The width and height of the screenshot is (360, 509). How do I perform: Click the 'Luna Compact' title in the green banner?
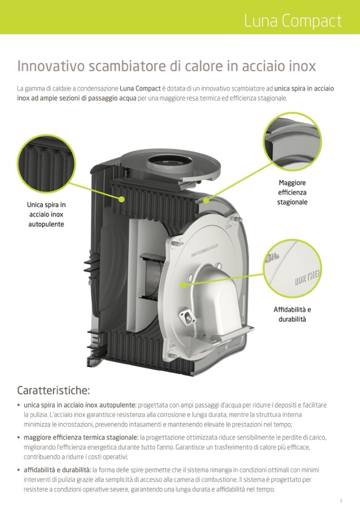pyautogui.click(x=293, y=21)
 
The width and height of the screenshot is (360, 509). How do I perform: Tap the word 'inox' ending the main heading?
pyautogui.click(x=302, y=66)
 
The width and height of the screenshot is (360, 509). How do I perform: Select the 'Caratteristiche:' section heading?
pyautogui.click(x=53, y=390)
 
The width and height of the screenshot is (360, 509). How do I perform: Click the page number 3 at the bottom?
pyautogui.click(x=340, y=501)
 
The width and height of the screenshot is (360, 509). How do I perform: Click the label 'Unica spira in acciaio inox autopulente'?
pyautogui.click(x=46, y=214)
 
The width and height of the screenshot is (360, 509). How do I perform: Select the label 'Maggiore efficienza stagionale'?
pyautogui.click(x=292, y=192)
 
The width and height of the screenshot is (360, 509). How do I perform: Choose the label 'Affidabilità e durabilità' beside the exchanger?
pyautogui.click(x=292, y=314)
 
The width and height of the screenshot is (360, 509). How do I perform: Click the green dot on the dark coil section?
pyautogui.click(x=122, y=199)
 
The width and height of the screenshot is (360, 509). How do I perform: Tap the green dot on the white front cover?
pyautogui.click(x=184, y=286)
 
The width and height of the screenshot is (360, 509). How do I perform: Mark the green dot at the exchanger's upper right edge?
pyautogui.click(x=205, y=201)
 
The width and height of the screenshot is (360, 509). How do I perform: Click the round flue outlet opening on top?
pyautogui.click(x=167, y=160)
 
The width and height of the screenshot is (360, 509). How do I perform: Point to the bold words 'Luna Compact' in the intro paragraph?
pyautogui.click(x=140, y=88)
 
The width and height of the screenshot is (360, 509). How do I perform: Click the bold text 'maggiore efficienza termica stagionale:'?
pyautogui.click(x=81, y=437)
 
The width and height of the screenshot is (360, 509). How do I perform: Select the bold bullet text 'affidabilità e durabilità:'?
pyautogui.click(x=57, y=470)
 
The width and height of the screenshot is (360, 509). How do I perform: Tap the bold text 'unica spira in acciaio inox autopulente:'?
pyautogui.click(x=80, y=405)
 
